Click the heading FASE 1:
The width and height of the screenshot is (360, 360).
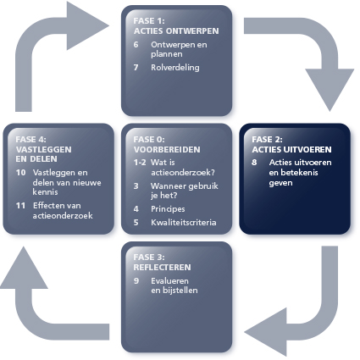149,21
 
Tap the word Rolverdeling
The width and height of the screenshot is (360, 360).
175,68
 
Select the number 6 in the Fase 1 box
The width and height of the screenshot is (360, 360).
136,45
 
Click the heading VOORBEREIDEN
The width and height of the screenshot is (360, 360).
167,149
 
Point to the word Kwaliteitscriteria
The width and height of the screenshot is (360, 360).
184,223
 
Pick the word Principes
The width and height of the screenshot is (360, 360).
168,209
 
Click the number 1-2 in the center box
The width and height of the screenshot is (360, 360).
140,163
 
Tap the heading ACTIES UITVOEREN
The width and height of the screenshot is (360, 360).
291,149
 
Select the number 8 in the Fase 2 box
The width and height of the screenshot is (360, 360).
254,163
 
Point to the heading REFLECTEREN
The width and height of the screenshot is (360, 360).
162,268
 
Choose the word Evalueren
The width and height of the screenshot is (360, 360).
169,281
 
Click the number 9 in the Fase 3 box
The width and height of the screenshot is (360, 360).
136,281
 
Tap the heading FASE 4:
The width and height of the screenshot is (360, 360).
30,140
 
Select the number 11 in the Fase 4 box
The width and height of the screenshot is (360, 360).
20,206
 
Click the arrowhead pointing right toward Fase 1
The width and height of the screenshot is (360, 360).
87,25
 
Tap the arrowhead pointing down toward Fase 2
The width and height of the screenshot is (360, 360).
330,90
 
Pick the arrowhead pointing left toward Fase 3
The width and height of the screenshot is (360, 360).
265,332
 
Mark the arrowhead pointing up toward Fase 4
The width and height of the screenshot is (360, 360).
24,268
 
